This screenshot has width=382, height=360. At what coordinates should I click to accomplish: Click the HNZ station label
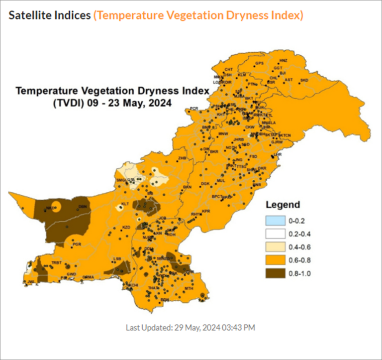pyautogui.click(x=283, y=61)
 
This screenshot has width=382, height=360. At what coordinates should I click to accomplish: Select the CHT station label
pyautogui.click(x=229, y=69)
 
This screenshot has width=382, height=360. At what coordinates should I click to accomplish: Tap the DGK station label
pyautogui.click(x=204, y=184)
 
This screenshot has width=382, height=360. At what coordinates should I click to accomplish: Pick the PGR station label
pyautogui.click(x=77, y=244)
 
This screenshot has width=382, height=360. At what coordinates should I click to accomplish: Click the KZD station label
pyautogui.click(x=126, y=228)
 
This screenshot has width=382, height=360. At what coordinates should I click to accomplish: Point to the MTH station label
pyautogui.click(x=189, y=289)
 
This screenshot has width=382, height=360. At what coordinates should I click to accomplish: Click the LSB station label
pyautogui.click(x=117, y=259)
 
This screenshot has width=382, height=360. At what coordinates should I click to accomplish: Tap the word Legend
pyautogui.click(x=283, y=205)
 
